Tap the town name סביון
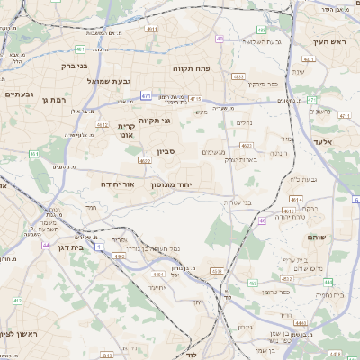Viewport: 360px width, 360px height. (x=165, y=152)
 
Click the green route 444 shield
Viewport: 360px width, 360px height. (x=328, y=282)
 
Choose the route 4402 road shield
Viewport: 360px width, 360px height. (x=120, y=256)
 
